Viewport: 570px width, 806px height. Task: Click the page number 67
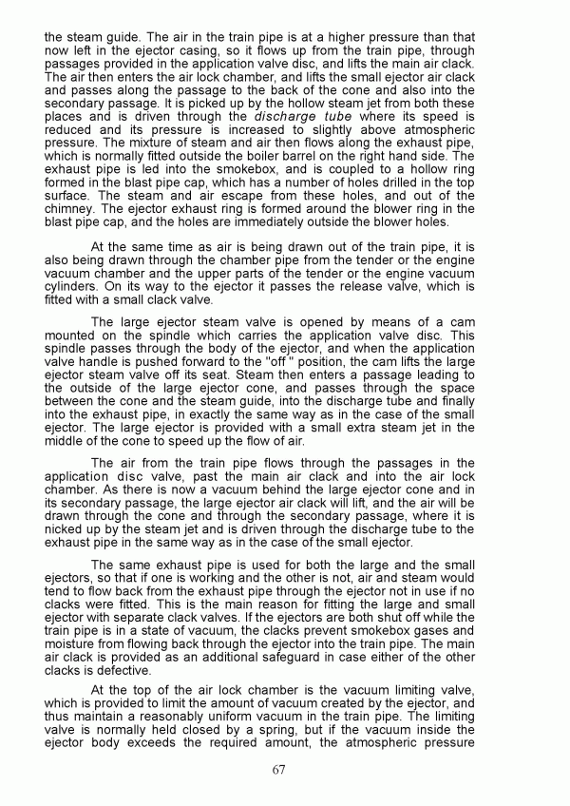click(278, 769)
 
